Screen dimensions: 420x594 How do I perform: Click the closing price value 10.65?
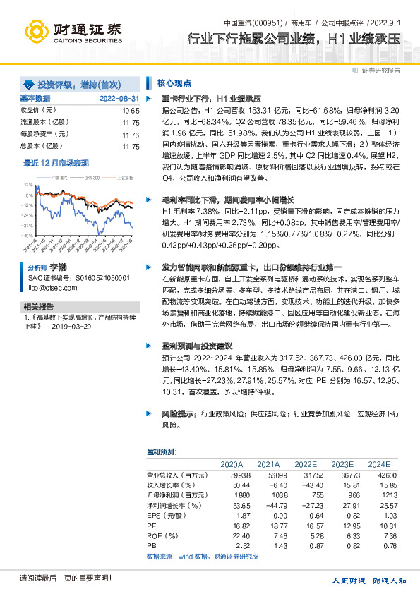tap(131, 111)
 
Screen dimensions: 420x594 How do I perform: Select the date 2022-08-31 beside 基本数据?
tap(119, 98)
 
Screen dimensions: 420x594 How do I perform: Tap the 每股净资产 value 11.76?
tap(131, 135)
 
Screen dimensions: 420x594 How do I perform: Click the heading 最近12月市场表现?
tap(56, 162)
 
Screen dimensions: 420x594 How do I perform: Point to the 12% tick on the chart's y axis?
tap(28, 183)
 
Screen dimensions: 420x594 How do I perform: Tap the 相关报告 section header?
tap(38, 307)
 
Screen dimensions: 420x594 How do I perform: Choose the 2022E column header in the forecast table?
tap(306, 464)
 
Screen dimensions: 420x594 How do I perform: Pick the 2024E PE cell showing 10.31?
tap(379, 526)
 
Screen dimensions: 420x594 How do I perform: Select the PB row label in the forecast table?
tap(151, 545)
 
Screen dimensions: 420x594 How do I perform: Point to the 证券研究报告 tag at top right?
tap(380, 71)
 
